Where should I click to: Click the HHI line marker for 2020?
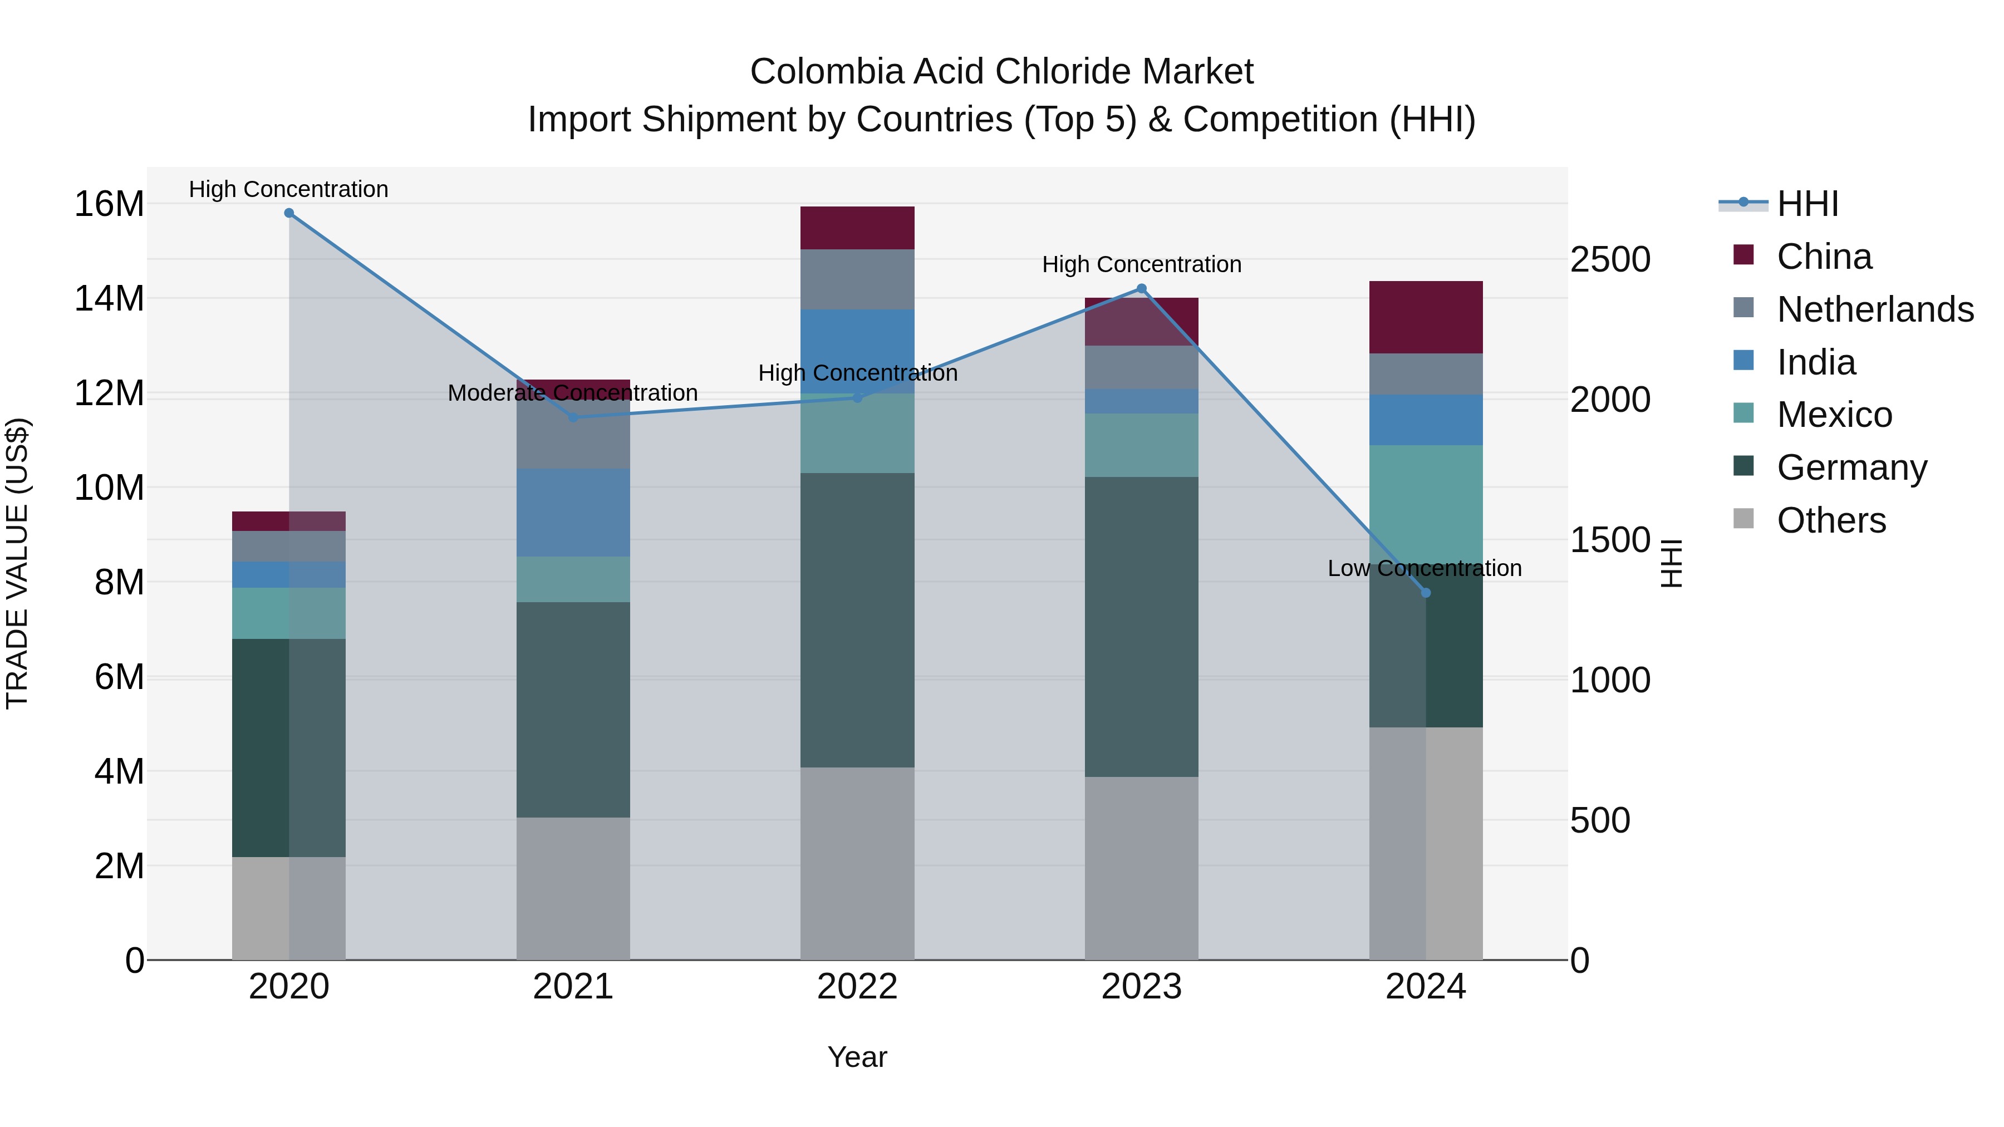(x=288, y=213)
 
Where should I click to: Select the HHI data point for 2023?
(x=1141, y=288)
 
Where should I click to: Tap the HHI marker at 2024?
(x=1425, y=593)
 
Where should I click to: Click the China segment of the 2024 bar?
(x=1425, y=317)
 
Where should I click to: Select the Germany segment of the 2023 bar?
(x=1141, y=626)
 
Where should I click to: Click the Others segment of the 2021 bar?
(x=573, y=888)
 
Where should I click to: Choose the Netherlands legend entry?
(x=1875, y=309)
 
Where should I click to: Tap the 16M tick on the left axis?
(x=109, y=205)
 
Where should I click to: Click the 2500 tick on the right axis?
(x=1609, y=260)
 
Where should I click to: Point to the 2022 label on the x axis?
(x=857, y=987)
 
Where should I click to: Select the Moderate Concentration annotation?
(x=573, y=393)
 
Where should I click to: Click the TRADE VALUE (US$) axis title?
(x=17, y=564)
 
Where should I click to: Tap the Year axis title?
(x=857, y=1057)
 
